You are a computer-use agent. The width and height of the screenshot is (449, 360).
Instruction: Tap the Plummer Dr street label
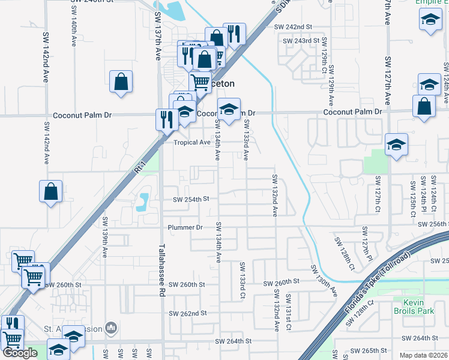[185, 228]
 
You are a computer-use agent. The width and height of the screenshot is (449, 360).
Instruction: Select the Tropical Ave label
[192, 143]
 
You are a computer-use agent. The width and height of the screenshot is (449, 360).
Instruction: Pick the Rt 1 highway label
[141, 164]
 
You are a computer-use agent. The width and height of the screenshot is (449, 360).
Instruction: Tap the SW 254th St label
[190, 199]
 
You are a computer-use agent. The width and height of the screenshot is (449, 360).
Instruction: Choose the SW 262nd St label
[187, 313]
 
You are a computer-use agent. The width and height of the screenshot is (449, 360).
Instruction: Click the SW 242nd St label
[294, 27]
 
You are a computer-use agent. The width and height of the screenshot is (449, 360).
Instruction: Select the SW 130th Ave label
[324, 280]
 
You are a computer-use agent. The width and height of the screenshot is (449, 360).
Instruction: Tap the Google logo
[20, 353]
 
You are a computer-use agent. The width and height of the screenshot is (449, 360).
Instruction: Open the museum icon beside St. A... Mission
[110, 328]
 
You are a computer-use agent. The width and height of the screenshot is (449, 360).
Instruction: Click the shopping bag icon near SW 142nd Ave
[51, 191]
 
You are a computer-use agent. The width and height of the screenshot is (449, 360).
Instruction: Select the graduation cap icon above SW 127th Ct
[396, 145]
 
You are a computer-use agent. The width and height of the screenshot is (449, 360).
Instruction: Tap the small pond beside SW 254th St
[143, 202]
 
